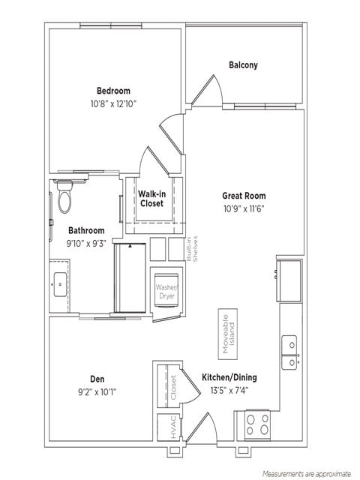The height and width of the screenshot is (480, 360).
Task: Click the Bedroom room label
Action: pos(112,91)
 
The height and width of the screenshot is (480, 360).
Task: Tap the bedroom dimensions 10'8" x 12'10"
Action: pos(112,103)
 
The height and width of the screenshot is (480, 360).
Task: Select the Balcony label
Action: pos(243,65)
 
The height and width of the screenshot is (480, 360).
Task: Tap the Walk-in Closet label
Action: pos(151,199)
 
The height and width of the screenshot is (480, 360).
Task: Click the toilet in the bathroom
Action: pos(64,197)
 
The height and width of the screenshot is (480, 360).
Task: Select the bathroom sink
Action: pos(59,282)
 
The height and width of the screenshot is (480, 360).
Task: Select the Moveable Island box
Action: pos(227,331)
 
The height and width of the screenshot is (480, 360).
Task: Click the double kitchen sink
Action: pos(289,352)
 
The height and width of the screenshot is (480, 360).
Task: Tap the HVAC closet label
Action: pos(172,427)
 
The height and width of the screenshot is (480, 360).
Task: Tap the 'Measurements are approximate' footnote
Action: pos(306,474)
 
